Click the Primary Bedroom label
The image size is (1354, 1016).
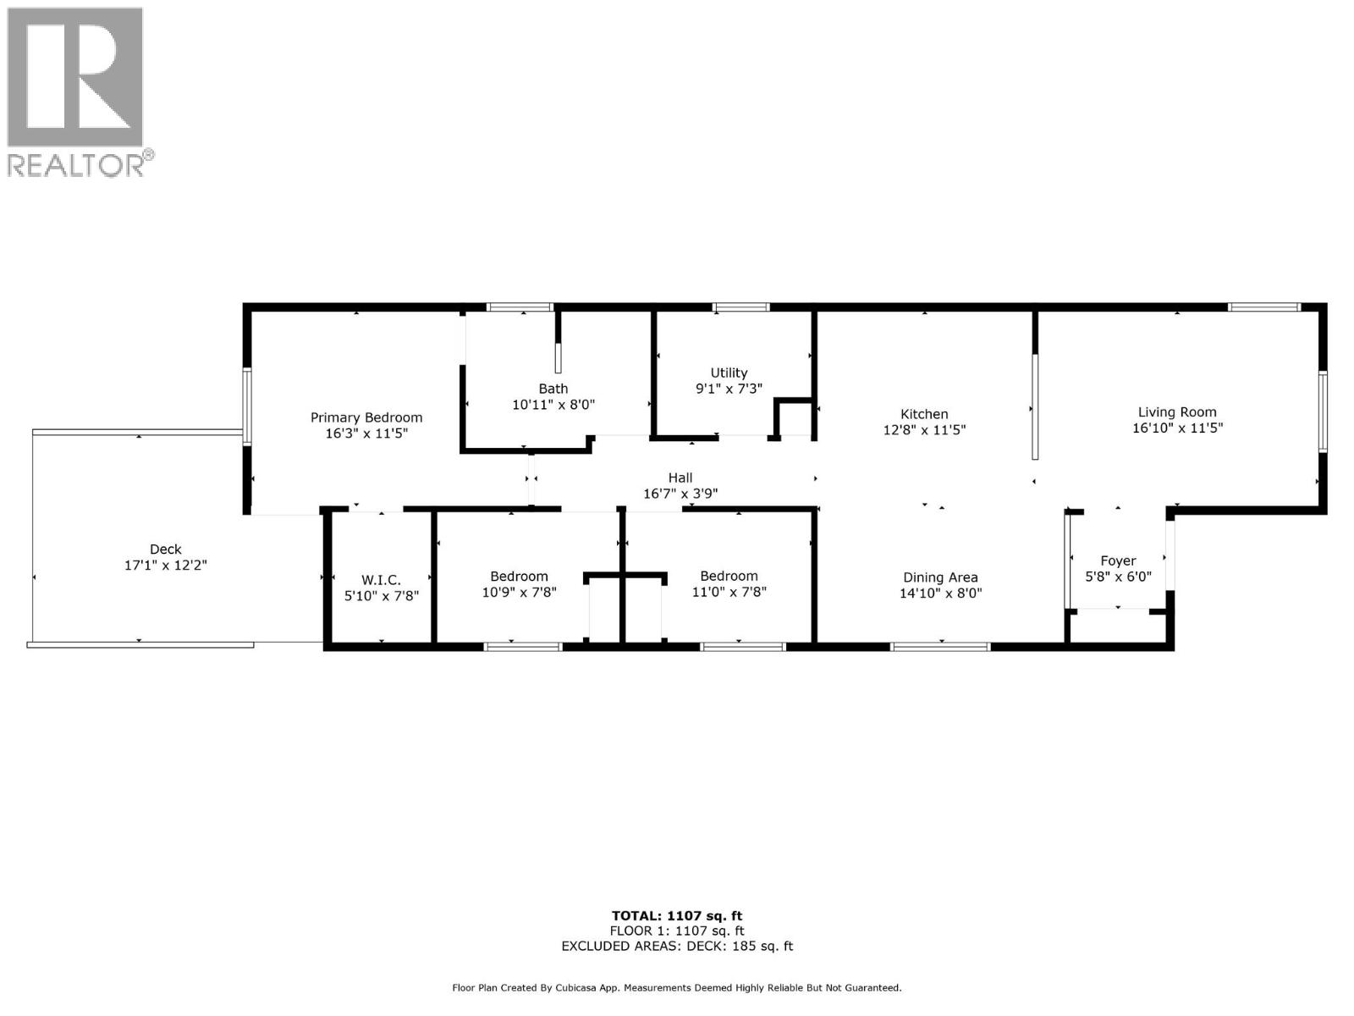pyautogui.click(x=366, y=417)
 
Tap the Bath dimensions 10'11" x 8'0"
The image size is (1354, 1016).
pyautogui.click(x=553, y=405)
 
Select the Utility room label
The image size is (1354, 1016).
pyautogui.click(x=729, y=373)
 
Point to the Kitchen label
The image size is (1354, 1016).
pyautogui.click(x=924, y=414)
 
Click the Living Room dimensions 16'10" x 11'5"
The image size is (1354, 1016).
pyautogui.click(x=1177, y=428)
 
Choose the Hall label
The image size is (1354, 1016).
pyautogui.click(x=680, y=478)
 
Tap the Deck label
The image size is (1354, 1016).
pyautogui.click(x=166, y=549)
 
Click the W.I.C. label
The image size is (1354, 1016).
pyautogui.click(x=381, y=580)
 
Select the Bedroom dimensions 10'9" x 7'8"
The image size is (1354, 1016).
pyautogui.click(x=519, y=593)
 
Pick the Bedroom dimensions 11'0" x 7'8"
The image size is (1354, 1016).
pyautogui.click(x=729, y=593)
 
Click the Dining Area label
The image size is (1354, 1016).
pyautogui.click(x=940, y=577)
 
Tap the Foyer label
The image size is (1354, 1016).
pyautogui.click(x=1118, y=560)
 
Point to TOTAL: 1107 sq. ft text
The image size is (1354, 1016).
pyautogui.click(x=677, y=915)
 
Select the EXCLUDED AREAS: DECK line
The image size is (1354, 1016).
pyautogui.click(x=677, y=947)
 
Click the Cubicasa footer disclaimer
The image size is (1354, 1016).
pyautogui.click(x=677, y=987)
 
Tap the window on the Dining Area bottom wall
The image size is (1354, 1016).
pyautogui.click(x=940, y=647)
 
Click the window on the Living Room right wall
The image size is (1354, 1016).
pyautogui.click(x=1323, y=410)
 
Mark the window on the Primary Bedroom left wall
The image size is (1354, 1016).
pyautogui.click(x=247, y=406)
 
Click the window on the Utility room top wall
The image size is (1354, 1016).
pyautogui.click(x=740, y=306)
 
